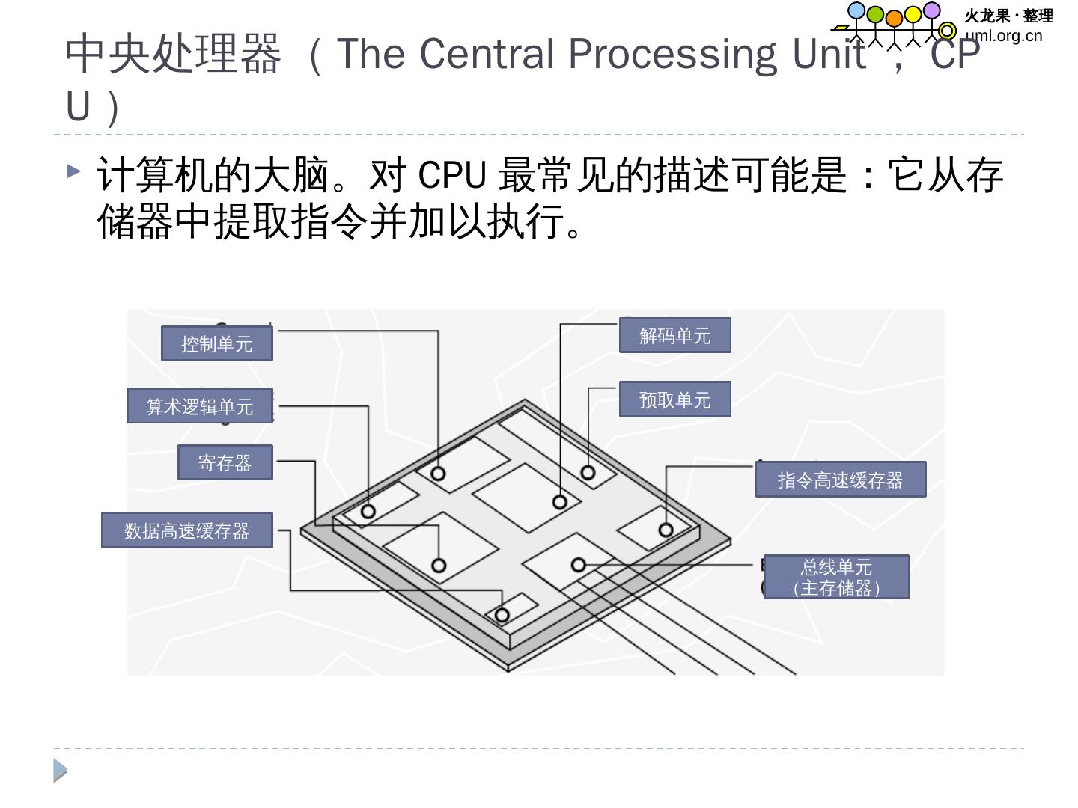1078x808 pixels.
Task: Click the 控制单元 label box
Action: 217,344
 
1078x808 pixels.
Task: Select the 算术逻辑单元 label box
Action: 200,406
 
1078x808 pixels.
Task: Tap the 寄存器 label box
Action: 225,463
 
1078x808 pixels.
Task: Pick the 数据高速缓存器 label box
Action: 187,530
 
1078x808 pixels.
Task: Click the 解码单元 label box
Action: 674,335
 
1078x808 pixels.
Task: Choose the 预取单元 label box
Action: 674,400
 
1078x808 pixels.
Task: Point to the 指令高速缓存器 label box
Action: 840,480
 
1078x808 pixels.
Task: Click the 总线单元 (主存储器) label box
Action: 836,577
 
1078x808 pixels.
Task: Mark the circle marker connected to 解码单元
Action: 560,502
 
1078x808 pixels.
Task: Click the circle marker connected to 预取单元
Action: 588,473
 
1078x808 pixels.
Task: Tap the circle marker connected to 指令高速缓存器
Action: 666,530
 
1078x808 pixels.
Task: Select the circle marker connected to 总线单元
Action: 578,565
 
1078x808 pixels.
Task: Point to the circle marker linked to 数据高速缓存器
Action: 502,616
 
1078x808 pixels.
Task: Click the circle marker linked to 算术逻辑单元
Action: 368,512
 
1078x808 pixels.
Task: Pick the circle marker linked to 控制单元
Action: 439,474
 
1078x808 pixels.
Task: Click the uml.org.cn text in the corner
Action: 1004,36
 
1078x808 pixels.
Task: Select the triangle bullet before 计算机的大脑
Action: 73,171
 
